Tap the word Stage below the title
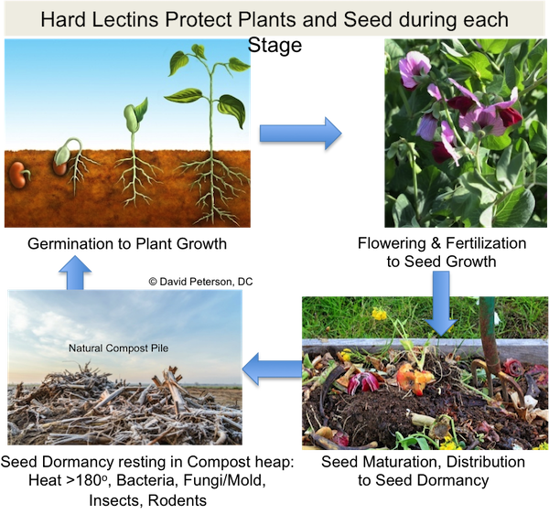click(x=274, y=46)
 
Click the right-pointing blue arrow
click(x=300, y=134)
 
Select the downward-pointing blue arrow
click(x=441, y=303)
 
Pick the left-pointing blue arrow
click(x=272, y=369)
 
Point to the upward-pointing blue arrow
click(x=75, y=273)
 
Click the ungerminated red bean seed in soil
click(x=18, y=175)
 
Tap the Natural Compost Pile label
click(x=118, y=348)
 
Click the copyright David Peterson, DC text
click(x=200, y=282)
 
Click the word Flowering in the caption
click(x=392, y=243)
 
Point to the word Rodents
click(x=178, y=500)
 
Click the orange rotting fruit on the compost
click(x=414, y=378)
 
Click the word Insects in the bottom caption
click(x=115, y=500)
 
